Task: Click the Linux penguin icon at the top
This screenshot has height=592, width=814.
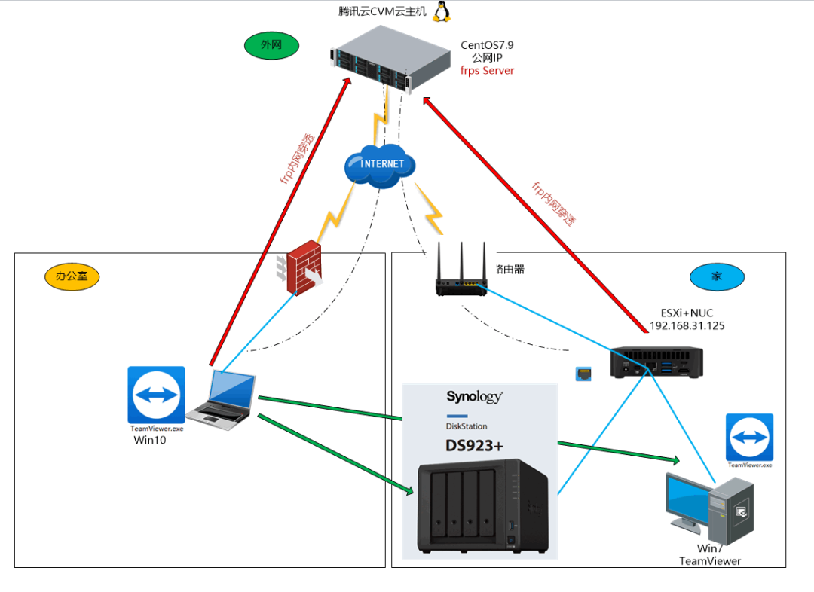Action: coord(442,11)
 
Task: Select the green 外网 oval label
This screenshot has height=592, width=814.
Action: coord(271,45)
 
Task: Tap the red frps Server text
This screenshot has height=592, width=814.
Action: coord(487,71)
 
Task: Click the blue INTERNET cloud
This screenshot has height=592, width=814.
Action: coord(381,166)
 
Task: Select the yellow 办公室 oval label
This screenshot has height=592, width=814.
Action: coord(72,276)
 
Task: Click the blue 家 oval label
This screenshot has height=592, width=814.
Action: coord(717,276)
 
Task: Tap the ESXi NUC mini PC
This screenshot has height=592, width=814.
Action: coord(656,362)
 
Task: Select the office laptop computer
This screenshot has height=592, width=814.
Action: coord(222,399)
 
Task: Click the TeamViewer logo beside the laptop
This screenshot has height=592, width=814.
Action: coord(156,395)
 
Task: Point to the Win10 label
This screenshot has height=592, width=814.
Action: coord(149,440)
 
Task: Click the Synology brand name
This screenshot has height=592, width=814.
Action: coord(474,397)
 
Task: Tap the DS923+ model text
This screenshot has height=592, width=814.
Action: coord(473,445)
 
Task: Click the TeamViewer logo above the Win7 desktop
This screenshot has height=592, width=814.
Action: coord(749,437)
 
